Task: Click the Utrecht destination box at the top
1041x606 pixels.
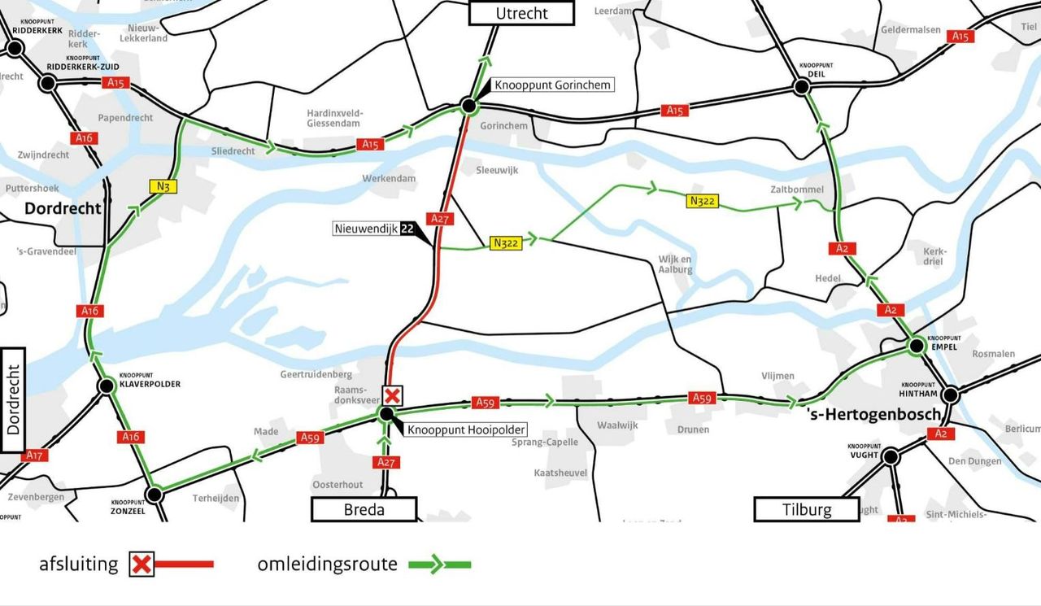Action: (x=521, y=13)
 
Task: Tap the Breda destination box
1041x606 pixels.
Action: (x=364, y=510)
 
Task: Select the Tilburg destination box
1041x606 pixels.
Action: (x=807, y=510)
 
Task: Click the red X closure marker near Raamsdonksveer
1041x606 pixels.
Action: (x=393, y=396)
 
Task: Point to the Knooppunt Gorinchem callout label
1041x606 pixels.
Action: (x=553, y=85)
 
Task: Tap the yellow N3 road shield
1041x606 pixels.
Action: (x=163, y=186)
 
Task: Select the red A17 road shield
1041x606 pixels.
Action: (x=34, y=456)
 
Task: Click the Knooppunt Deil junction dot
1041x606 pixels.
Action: (x=802, y=87)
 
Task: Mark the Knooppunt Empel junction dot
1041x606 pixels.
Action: (x=917, y=347)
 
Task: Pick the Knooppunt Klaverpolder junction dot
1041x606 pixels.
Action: (x=106, y=386)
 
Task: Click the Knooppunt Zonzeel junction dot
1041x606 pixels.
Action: (x=154, y=494)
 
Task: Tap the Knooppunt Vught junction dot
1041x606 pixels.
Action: (x=891, y=457)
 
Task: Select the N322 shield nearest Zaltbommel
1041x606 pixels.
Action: (x=703, y=201)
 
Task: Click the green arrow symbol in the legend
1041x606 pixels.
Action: (x=439, y=564)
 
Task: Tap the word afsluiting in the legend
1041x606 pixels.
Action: (x=79, y=564)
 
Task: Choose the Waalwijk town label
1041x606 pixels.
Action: (x=618, y=425)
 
